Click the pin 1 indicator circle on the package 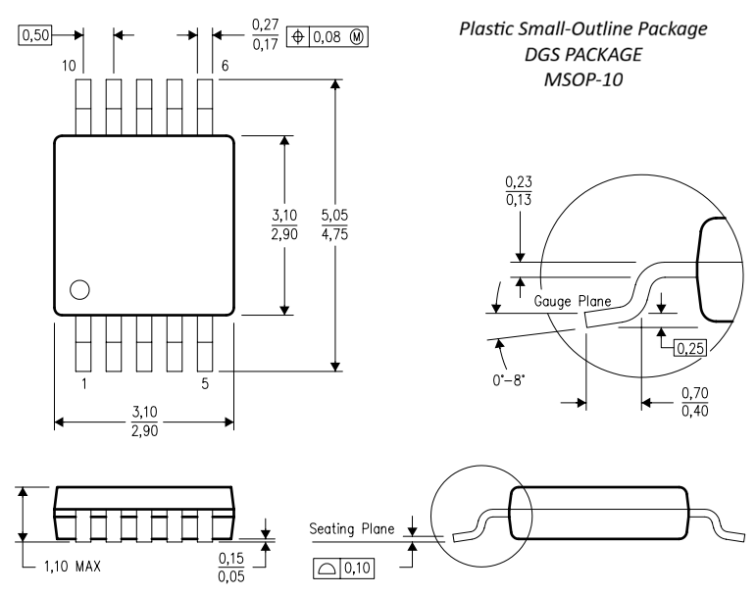[x=79, y=289]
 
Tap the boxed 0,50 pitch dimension [x=33, y=34]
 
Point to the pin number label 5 [x=206, y=384]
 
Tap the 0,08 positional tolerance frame [x=319, y=35]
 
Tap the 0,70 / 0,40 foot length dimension [x=693, y=401]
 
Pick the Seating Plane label [x=352, y=529]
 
